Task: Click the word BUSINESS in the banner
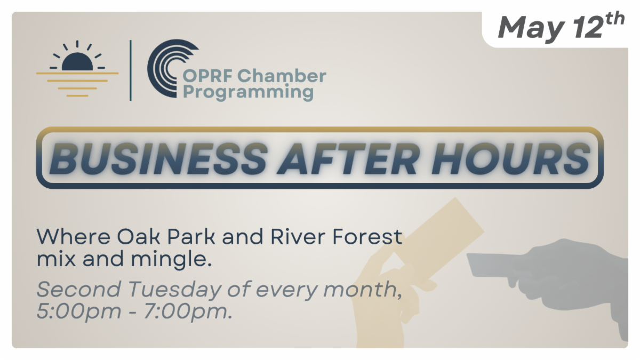pyautogui.click(x=158, y=158)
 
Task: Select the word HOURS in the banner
pyautogui.click(x=510, y=158)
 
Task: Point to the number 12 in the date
pyautogui.click(x=588, y=28)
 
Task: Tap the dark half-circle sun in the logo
pyautogui.click(x=77, y=61)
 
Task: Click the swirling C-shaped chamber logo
pyautogui.click(x=169, y=69)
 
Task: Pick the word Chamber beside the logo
pyautogui.click(x=282, y=76)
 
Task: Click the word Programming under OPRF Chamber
pyautogui.click(x=248, y=92)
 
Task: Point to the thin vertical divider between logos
pyautogui.click(x=131, y=70)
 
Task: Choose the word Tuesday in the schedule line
pyautogui.click(x=175, y=290)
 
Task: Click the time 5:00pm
pyautogui.click(x=79, y=311)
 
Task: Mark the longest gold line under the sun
pyautogui.click(x=77, y=74)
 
